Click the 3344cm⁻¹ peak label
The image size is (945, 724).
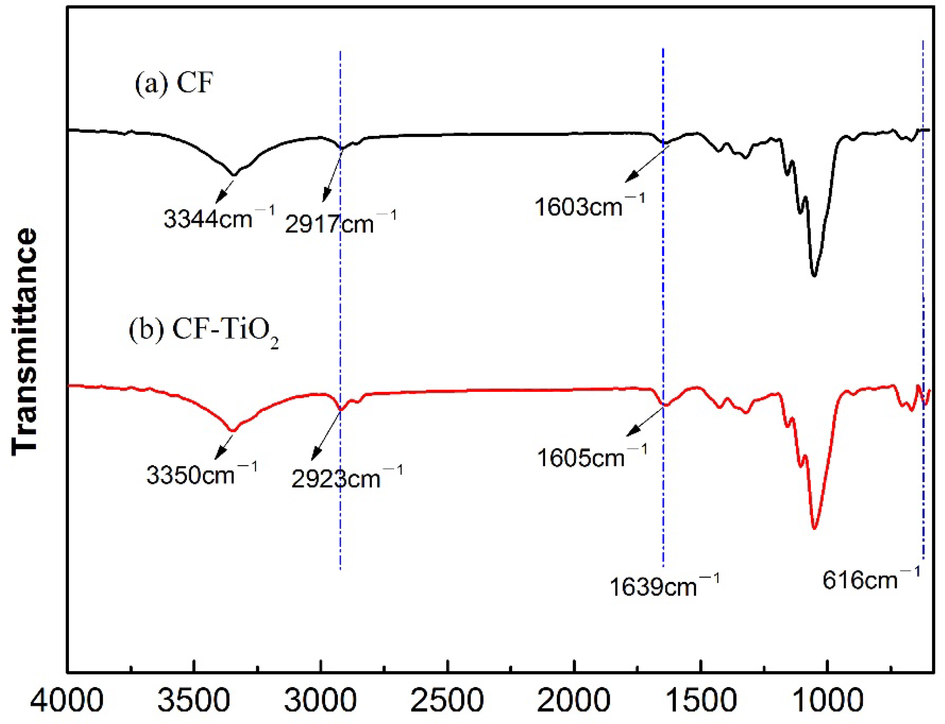pos(219,218)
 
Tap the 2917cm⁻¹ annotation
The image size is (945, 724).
pos(340,223)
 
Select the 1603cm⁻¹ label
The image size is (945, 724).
pos(590,206)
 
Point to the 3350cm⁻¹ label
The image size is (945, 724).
pos(202,474)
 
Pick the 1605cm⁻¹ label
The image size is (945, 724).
pos(592,456)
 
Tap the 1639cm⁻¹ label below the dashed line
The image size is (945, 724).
pos(664,586)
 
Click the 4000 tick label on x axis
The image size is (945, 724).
pos(67,700)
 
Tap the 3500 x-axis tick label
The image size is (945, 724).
pos(194,700)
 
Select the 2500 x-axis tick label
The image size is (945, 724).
pos(447,700)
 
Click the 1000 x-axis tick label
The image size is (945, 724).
pos(827,700)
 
